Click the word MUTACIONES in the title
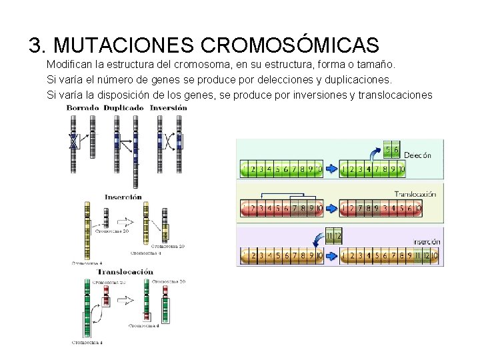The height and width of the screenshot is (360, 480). pyautogui.click(x=123, y=45)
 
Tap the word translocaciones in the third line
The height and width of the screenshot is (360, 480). pyautogui.click(x=395, y=95)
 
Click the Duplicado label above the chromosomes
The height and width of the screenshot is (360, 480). pyautogui.click(x=123, y=107)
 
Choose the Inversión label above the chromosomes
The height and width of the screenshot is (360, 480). pyautogui.click(x=163, y=107)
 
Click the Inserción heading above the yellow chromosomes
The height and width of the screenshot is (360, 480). pyautogui.click(x=123, y=197)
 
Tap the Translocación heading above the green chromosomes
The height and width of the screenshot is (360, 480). pyautogui.click(x=125, y=271)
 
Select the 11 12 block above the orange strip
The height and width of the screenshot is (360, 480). pyautogui.click(x=333, y=235)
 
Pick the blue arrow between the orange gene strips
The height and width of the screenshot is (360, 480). pyautogui.click(x=331, y=255)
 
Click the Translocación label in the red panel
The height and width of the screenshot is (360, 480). pyautogui.click(x=415, y=194)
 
